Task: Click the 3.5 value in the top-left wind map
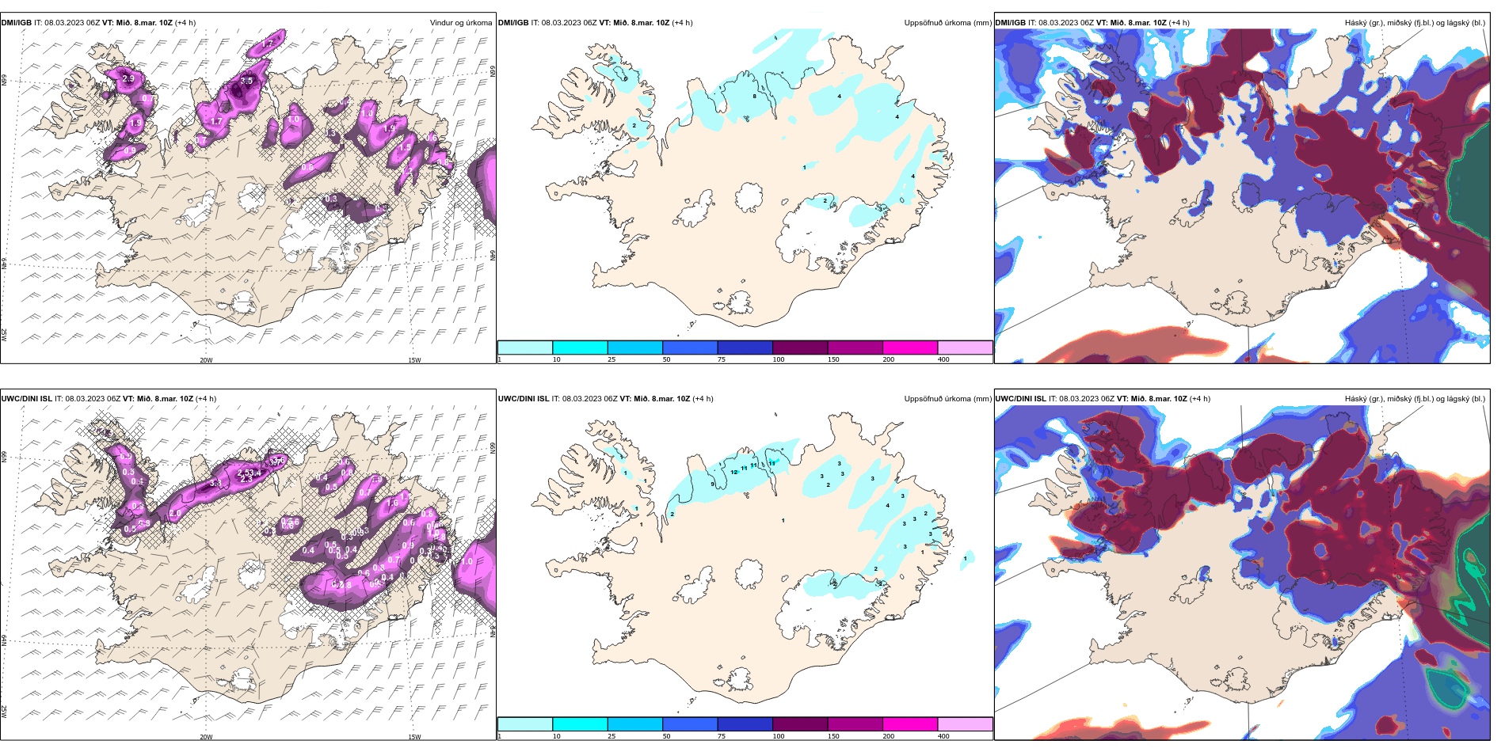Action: click(x=246, y=81)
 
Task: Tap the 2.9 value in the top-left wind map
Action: click(x=128, y=79)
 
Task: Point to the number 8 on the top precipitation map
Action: click(x=754, y=97)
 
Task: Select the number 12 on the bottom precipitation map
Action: click(x=734, y=473)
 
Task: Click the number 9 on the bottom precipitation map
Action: click(x=712, y=484)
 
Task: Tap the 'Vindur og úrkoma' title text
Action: click(x=461, y=23)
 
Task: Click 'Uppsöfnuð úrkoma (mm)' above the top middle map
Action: click(x=947, y=23)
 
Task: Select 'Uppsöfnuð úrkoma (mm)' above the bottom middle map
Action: click(x=947, y=399)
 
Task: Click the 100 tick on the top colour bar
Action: click(x=779, y=359)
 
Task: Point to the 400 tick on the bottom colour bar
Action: click(x=943, y=736)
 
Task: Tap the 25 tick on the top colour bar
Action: click(x=612, y=359)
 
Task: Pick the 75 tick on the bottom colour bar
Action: click(x=722, y=736)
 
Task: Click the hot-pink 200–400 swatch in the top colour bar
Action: click(x=910, y=348)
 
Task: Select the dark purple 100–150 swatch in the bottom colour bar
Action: click(x=800, y=724)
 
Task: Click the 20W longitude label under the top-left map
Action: click(x=206, y=360)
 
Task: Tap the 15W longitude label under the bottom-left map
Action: click(x=413, y=737)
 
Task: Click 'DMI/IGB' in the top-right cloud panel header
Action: click(x=1011, y=23)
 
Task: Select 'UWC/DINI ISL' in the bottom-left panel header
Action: click(x=27, y=399)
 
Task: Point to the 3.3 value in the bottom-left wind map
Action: click(x=215, y=483)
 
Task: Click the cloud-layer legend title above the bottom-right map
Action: click(x=1415, y=399)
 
